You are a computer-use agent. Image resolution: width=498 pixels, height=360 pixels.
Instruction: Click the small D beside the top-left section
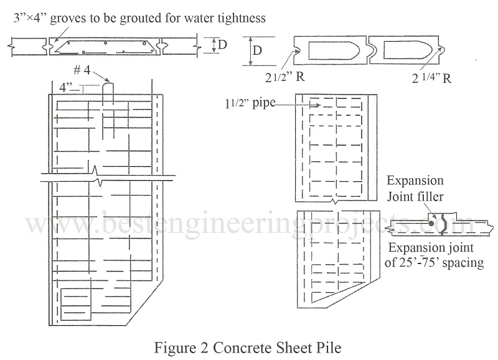tap(220, 45)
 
